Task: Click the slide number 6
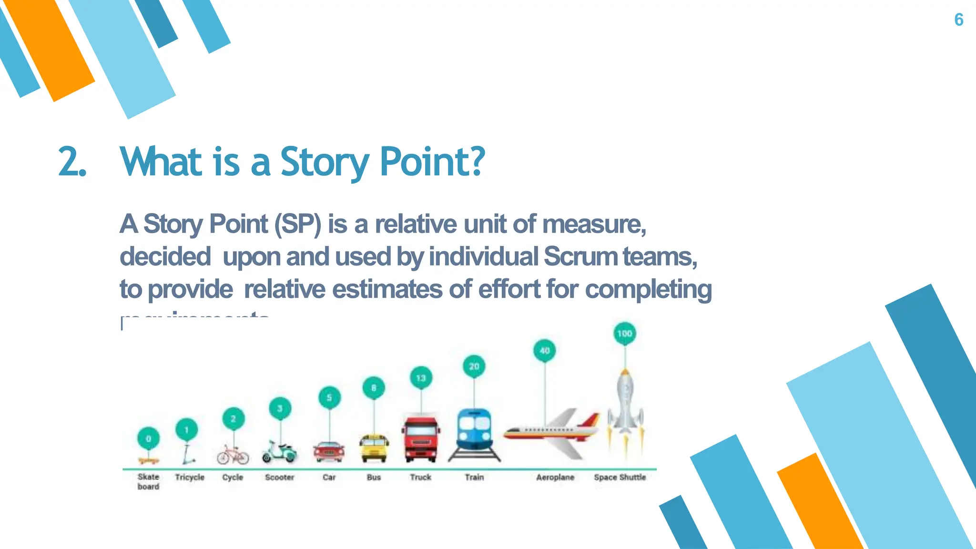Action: [x=958, y=20]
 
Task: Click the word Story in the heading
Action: [x=324, y=162]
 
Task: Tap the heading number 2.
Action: [x=71, y=162]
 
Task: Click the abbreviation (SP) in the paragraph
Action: [x=298, y=224]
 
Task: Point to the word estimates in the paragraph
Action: [x=387, y=289]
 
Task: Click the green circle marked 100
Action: [x=624, y=334]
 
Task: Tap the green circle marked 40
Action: [x=545, y=351]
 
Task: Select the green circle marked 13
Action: [x=421, y=378]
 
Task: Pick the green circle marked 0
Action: [x=148, y=438]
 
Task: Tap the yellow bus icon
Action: [x=374, y=448]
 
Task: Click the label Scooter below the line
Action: [x=279, y=477]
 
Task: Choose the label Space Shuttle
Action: [x=620, y=477]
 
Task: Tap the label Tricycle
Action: [x=189, y=477]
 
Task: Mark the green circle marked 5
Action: [x=329, y=397]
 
